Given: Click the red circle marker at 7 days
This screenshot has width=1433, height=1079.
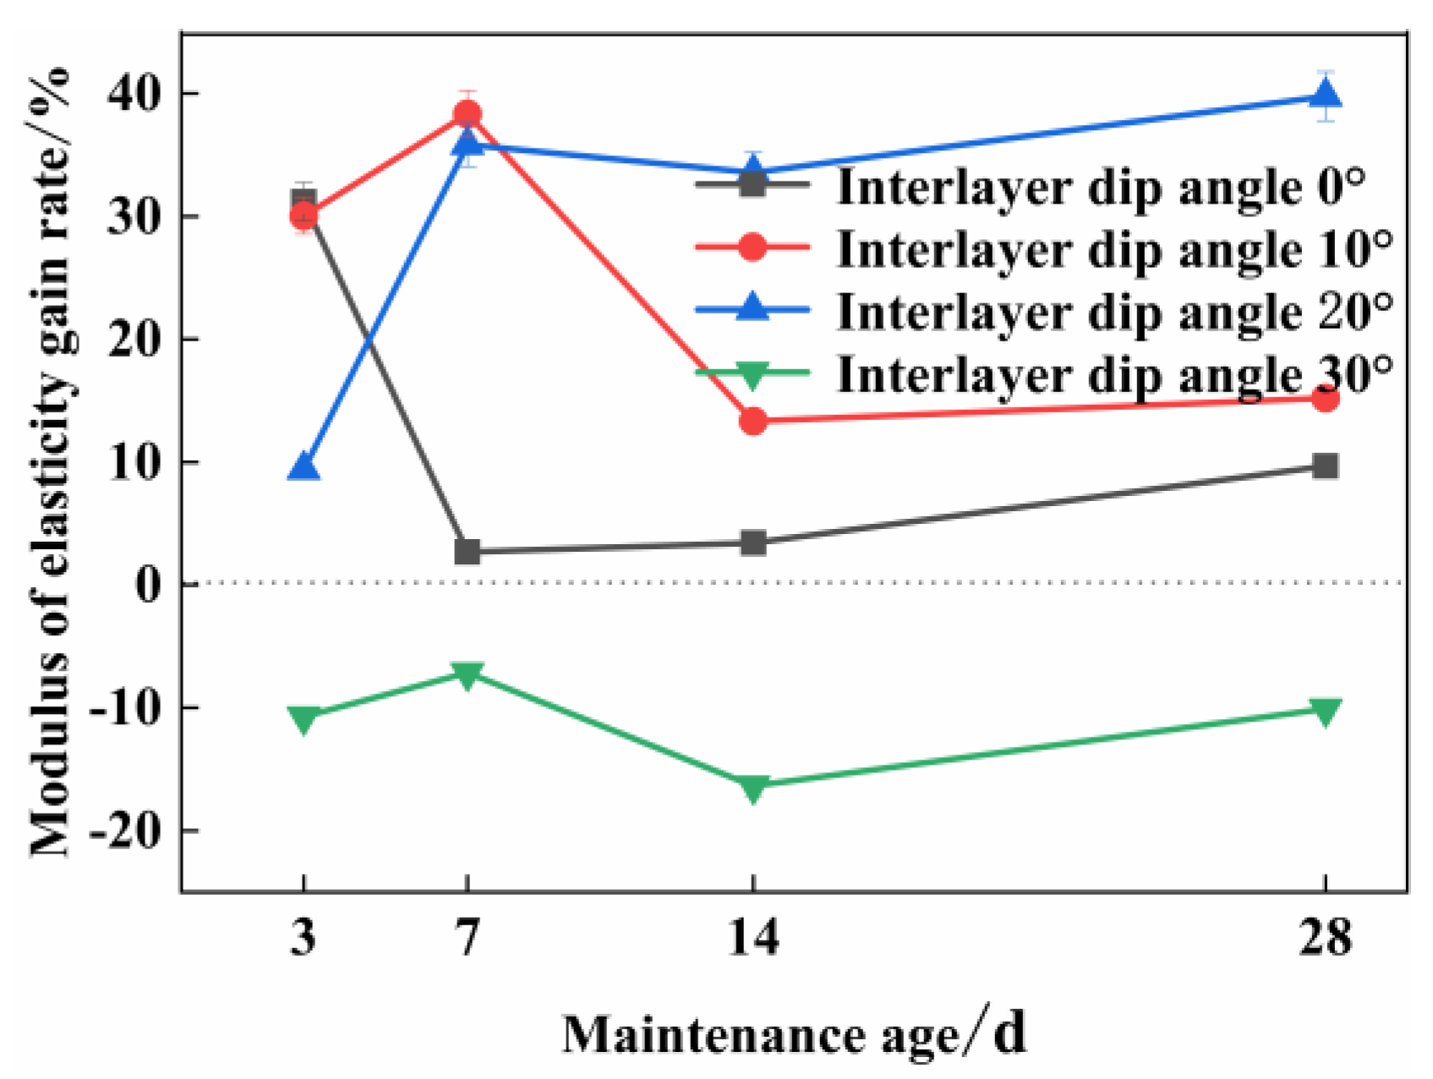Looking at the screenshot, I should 467,114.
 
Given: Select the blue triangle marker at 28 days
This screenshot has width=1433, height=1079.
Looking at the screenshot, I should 1325,94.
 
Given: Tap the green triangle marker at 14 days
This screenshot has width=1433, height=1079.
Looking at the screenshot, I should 752,787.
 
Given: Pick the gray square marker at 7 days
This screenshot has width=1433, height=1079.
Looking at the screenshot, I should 467,552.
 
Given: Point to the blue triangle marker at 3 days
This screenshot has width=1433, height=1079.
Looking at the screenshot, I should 304,467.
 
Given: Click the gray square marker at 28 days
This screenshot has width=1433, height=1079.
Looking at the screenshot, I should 1325,466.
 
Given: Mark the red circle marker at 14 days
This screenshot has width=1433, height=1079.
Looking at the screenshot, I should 752,421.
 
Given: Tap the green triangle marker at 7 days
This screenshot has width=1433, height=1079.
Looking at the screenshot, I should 467,673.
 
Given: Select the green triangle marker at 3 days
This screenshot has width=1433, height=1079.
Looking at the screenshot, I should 304,718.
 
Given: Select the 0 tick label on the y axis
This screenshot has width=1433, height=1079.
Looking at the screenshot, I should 148,585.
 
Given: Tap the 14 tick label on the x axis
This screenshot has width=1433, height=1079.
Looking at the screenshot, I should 752,937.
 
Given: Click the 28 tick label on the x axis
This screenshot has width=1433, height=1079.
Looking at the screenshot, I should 1325,937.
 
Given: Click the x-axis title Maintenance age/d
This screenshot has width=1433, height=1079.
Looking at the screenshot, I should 795,1034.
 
